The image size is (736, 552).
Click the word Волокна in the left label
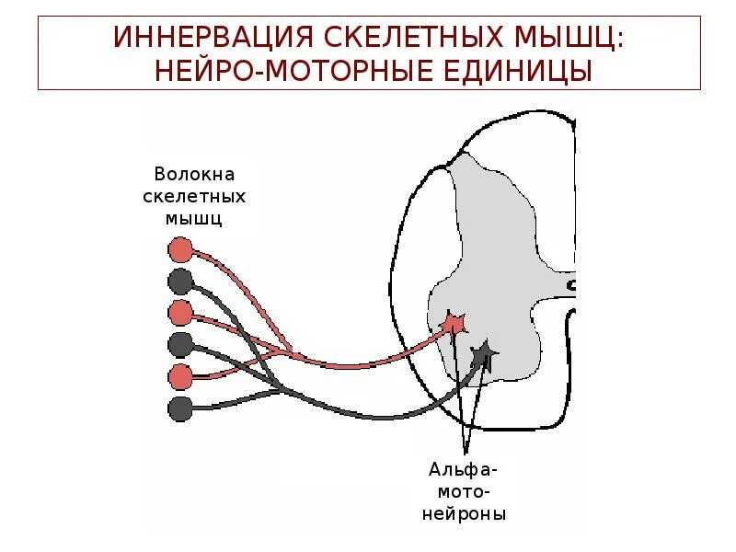(195, 174)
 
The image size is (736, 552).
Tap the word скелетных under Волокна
(195, 196)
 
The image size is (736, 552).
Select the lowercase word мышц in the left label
(194, 218)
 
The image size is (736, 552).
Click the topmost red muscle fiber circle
(180, 249)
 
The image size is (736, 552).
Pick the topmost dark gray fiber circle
(180, 281)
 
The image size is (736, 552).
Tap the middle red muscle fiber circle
(180, 313)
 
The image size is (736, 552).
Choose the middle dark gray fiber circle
(180, 344)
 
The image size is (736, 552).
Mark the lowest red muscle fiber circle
(180, 376)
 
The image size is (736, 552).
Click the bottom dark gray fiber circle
(180, 408)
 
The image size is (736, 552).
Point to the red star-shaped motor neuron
(454, 323)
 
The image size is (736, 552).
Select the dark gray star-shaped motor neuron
(483, 354)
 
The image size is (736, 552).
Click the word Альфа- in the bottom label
(465, 469)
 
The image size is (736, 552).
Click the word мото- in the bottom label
(465, 491)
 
